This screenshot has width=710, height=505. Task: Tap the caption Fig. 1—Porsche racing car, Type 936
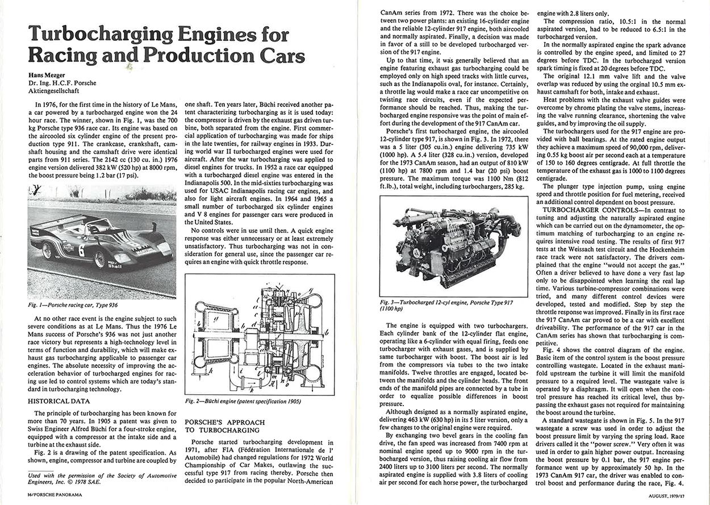pyautogui.click(x=73, y=305)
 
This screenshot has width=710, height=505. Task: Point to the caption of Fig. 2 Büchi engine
pyautogui.click(x=243, y=401)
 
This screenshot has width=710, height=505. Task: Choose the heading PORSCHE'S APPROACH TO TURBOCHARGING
pyautogui.click(x=225, y=427)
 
